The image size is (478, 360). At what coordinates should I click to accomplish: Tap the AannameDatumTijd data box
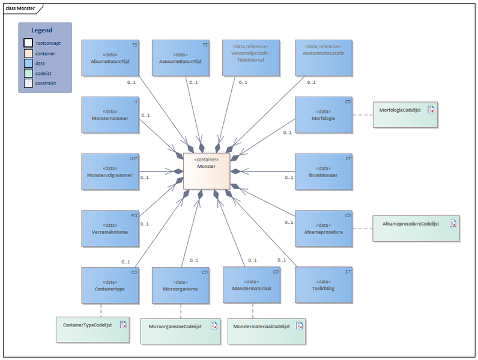[180, 58]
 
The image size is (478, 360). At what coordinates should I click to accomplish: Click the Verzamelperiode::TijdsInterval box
[251, 58]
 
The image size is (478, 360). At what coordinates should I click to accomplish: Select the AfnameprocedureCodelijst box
[416, 227]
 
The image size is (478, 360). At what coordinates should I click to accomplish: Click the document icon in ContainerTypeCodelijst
[123, 325]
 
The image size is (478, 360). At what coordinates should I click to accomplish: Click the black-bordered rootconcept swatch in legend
[28, 43]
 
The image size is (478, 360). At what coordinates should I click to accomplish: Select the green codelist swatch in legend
[28, 73]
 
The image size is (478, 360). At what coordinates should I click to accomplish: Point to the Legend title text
[41, 30]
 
